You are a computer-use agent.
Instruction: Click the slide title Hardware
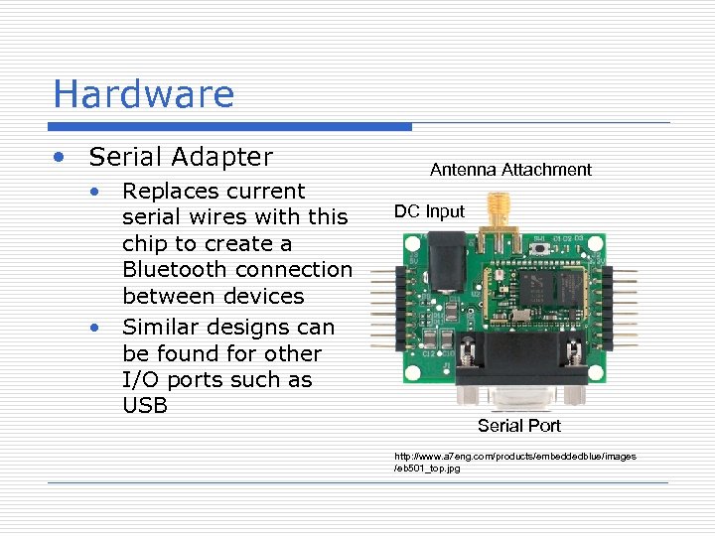(x=143, y=94)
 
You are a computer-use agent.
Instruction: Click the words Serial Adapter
(x=180, y=157)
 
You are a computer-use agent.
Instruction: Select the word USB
(x=145, y=406)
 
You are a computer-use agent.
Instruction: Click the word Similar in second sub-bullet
(x=163, y=327)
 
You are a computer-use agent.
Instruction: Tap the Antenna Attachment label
(x=510, y=170)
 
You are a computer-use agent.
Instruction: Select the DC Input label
(x=429, y=211)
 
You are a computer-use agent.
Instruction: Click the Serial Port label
(x=518, y=426)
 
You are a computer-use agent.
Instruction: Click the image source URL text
(x=514, y=462)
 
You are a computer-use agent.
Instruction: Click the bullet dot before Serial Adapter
(x=62, y=158)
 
